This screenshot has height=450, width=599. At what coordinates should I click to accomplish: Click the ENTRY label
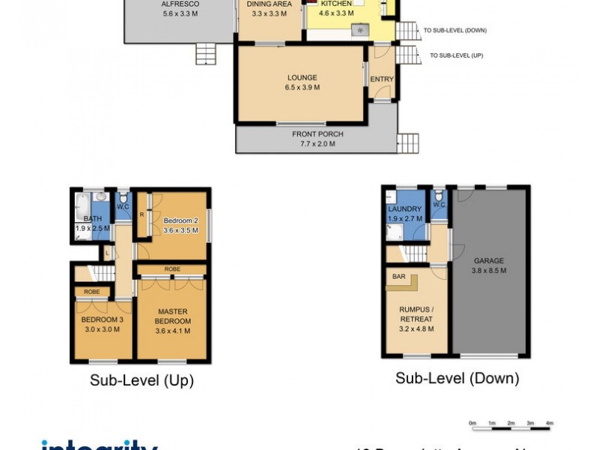coord(381,79)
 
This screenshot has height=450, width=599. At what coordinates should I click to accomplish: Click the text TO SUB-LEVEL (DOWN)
coord(454,31)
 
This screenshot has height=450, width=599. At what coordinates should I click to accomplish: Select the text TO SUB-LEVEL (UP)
coord(456,55)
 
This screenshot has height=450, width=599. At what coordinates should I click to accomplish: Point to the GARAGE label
coord(489,265)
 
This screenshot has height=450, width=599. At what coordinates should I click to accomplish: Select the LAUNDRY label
coord(405,213)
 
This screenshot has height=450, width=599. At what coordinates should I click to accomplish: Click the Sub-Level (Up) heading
coord(142,380)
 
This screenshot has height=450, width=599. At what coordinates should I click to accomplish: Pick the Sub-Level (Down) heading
coord(457,378)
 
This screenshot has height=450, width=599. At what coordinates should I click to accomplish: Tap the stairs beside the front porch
coord(407,142)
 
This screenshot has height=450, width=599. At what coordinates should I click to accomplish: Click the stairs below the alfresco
coord(205,55)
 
